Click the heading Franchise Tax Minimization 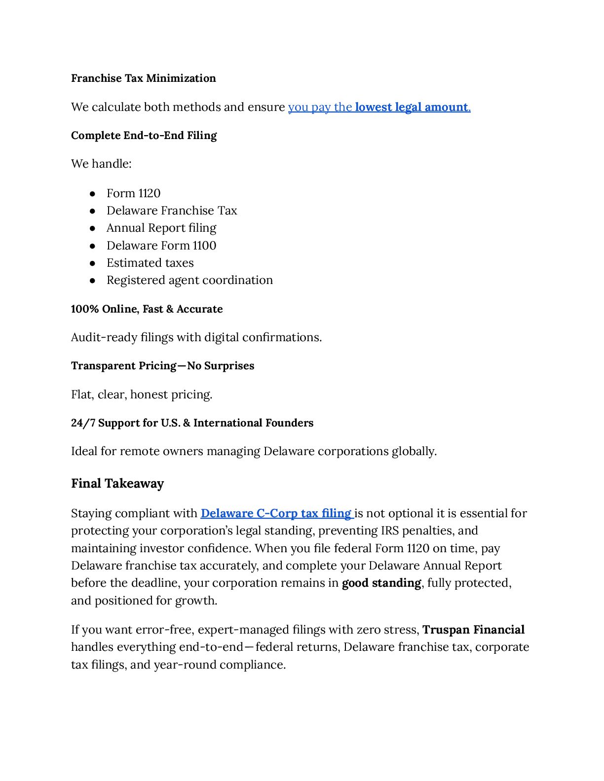143,78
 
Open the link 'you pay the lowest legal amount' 379,107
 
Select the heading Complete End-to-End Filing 144,136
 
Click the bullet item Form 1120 133,193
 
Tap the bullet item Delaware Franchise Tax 172,211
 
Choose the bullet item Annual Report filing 161,228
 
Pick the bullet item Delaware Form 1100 161,246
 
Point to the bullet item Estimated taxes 150,263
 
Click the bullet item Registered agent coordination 189,280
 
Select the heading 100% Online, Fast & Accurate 147,309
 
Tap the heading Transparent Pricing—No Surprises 162,366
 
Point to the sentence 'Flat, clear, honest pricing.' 142,395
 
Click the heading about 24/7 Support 192,423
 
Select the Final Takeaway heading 117,484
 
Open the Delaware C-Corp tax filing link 276,513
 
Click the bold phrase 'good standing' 381,583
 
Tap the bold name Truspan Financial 473,630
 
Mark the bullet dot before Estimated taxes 92,263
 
